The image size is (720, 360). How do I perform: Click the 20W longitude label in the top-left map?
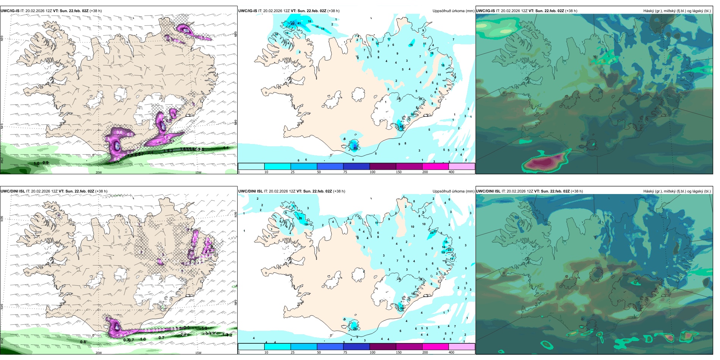[x=99, y=172]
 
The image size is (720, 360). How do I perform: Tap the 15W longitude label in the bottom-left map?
[x=198, y=353]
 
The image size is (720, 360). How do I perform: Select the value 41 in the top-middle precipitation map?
[x=299, y=23]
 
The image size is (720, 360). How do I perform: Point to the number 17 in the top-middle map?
[x=389, y=39]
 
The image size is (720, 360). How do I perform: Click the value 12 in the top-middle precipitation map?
[x=286, y=33]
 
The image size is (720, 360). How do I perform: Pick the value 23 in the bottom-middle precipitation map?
[x=449, y=250]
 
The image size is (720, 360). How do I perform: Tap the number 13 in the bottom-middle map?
[x=451, y=259]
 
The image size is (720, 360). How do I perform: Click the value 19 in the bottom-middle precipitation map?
[x=443, y=252]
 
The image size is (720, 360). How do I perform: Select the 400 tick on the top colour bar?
[x=451, y=172]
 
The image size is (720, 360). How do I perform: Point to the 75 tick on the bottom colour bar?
[x=345, y=352]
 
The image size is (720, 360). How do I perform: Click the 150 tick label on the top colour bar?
[x=398, y=172]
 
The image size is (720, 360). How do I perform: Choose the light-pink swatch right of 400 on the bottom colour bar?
[x=462, y=346]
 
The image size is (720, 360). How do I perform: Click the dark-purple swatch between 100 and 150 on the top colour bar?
[x=382, y=166]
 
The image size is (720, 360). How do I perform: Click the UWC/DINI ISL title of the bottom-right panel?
[x=488, y=191]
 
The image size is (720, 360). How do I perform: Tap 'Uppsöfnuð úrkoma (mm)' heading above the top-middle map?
[x=453, y=11]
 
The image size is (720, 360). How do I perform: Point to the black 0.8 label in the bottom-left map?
[x=83, y=342]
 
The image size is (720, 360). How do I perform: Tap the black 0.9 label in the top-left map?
[x=45, y=163]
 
